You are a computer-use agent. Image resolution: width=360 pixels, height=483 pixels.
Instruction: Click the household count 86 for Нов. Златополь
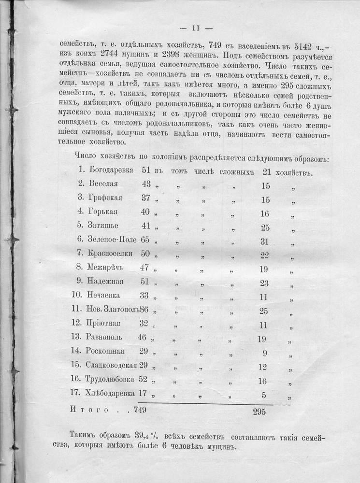(144, 308)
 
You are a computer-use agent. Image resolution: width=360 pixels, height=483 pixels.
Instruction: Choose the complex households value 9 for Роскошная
(264, 352)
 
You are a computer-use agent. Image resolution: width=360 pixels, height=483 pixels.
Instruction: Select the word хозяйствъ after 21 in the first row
(296, 171)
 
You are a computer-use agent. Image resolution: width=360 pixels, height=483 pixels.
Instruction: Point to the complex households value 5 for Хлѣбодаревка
(264, 395)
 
